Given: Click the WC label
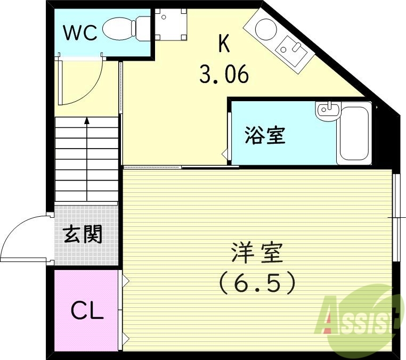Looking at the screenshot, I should coord(80,32).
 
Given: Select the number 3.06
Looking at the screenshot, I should coord(224,74).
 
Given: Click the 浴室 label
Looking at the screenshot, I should coord(265,135).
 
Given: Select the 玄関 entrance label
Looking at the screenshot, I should coord(83,234).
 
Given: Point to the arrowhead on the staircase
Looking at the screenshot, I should coord(87,121).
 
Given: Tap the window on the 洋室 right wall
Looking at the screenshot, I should coord(397,217).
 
